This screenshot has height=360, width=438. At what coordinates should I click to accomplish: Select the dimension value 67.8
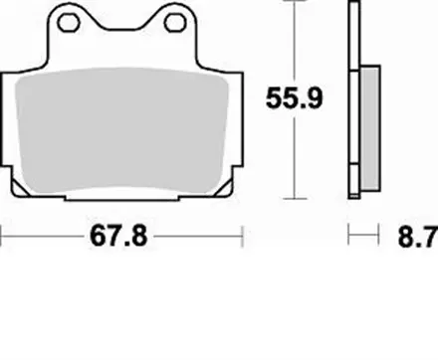pyautogui.click(x=122, y=238)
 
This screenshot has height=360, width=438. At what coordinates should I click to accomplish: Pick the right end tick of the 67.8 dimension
pyautogui.click(x=244, y=238)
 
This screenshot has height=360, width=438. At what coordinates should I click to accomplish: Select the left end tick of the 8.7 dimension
pyautogui.click(x=348, y=238)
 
